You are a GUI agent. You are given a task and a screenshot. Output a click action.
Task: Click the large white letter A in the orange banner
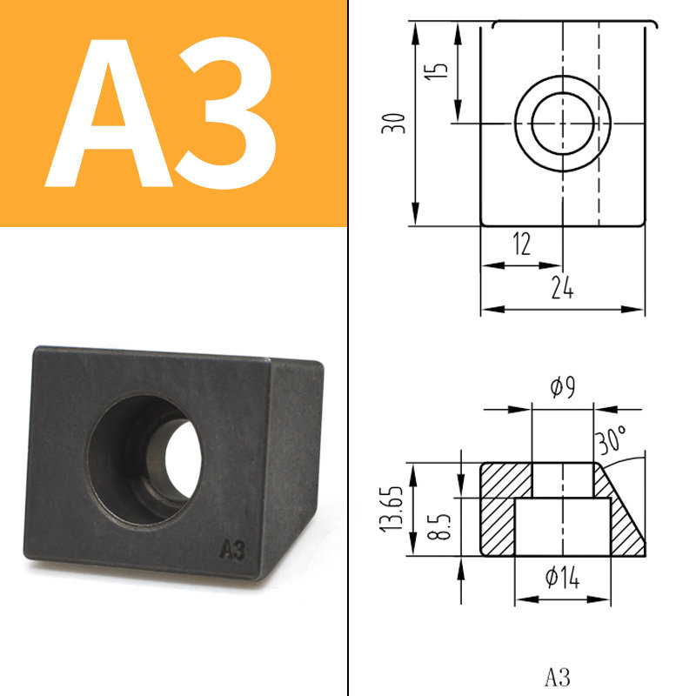point(109,113)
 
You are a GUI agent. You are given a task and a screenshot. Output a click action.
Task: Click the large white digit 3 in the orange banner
point(226,113)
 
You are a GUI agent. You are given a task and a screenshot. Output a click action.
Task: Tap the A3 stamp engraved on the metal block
point(232,550)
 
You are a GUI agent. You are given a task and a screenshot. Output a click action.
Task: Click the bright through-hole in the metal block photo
point(183,458)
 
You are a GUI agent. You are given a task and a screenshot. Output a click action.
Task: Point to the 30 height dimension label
point(393,124)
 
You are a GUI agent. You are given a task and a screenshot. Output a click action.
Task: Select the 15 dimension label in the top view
point(437,71)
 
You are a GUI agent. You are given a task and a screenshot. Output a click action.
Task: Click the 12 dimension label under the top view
point(521,244)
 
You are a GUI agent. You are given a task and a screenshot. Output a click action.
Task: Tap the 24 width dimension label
point(562,287)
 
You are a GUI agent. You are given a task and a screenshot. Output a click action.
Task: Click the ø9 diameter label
point(562,387)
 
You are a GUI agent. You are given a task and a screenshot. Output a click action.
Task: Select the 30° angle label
point(612,439)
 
